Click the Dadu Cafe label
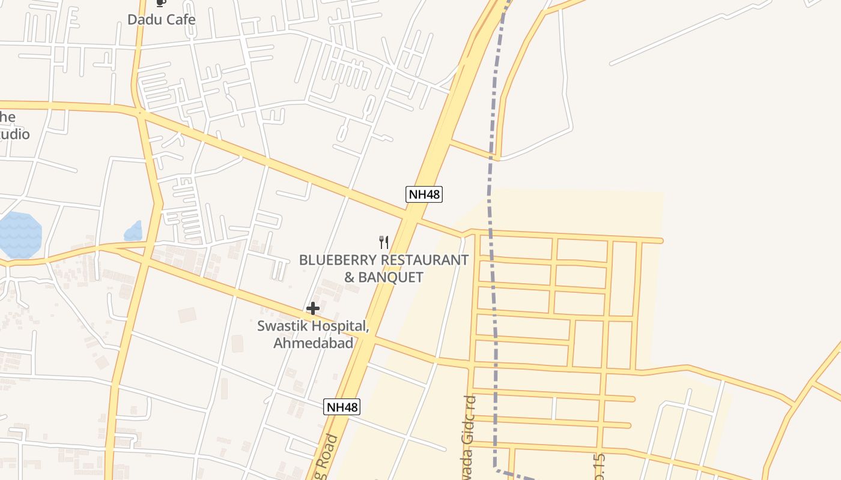161,19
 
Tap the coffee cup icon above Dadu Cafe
160,4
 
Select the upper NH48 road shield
424,194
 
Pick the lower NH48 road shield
342,407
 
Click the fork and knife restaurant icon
384,242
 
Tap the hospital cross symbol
312,308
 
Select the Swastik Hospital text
312,326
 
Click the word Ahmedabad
313,343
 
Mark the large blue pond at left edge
19,235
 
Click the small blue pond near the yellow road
133,232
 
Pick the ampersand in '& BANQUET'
349,277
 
